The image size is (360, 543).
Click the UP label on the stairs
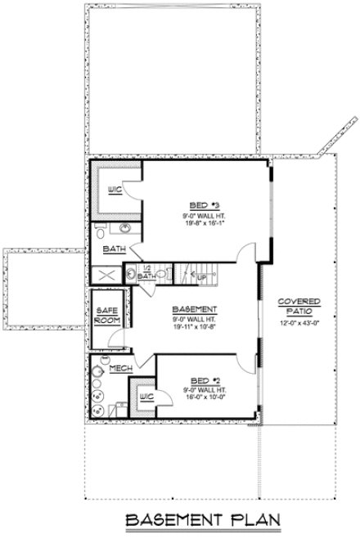point(201,277)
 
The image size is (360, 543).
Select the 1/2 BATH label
point(147,272)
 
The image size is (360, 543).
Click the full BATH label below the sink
point(113,249)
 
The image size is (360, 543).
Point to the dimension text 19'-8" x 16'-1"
point(200,221)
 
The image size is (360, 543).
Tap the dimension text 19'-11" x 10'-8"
point(194,325)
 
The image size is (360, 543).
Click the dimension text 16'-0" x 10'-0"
point(199,397)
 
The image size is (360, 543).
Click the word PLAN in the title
point(238,519)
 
